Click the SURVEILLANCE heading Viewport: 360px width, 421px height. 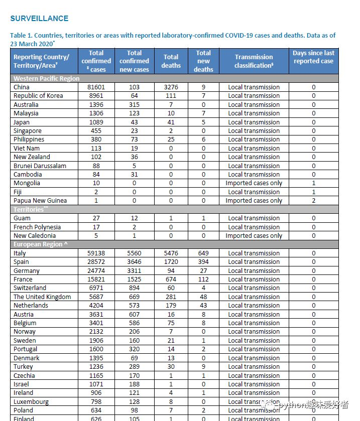(x=39, y=19)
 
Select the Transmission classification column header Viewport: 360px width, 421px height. (x=254, y=61)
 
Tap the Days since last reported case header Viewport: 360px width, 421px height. (x=313, y=57)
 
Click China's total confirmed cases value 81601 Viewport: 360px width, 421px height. (x=96, y=87)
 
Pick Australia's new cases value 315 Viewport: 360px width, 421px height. (x=134, y=104)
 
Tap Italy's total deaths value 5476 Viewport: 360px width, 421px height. (x=171, y=253)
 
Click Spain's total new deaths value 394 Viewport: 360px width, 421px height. (x=203, y=262)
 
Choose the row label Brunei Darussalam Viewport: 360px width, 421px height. (x=40, y=166)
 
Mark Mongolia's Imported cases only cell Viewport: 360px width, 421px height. (x=254, y=183)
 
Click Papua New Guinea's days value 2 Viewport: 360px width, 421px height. (x=313, y=201)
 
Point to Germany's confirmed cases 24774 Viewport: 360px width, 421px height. (x=96, y=271)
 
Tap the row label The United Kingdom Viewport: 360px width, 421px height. (x=42, y=297)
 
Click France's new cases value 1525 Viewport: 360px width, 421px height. (x=134, y=279)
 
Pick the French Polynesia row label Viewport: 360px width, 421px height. (x=38, y=227)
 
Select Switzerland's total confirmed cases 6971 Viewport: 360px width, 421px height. (x=96, y=288)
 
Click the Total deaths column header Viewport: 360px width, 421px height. (x=171, y=61)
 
